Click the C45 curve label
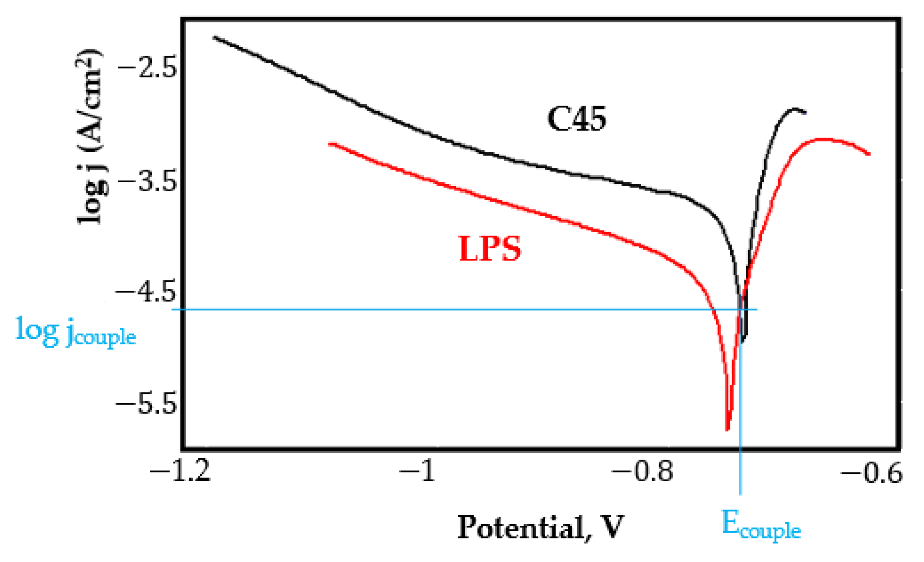coord(577,119)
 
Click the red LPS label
coord(490,248)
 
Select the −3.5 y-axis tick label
coord(148,181)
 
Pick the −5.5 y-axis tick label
coord(146,404)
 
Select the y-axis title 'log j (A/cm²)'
coord(90,136)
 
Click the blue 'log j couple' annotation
coord(76,332)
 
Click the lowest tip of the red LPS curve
coord(727,429)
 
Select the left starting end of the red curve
coord(330,144)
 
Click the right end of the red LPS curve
coord(869,154)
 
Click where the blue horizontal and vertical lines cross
coord(741,309)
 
